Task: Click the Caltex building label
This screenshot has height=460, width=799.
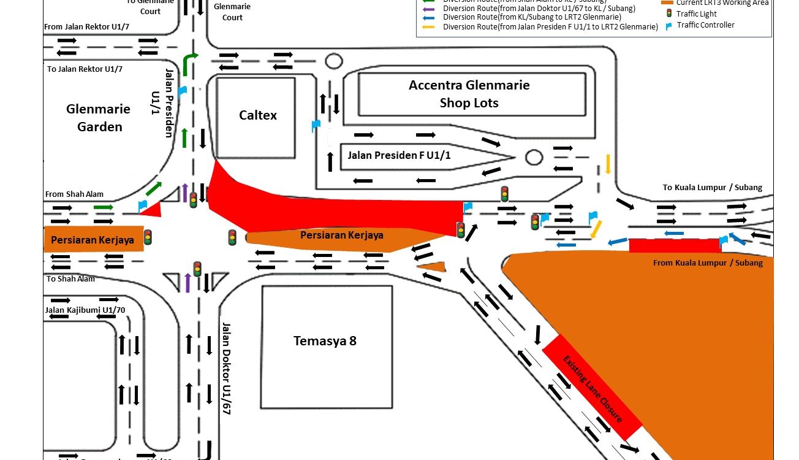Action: coord(258,115)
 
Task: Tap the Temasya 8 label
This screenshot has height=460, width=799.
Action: coord(325,341)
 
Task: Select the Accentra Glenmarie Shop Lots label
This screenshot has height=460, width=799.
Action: coord(469,94)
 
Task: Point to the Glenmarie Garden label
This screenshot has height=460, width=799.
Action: coord(98,118)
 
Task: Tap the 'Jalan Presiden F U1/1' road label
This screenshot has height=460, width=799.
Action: coord(399,155)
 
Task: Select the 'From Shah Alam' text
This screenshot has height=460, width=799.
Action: coord(74,194)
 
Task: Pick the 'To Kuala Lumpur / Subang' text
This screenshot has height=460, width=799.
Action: coord(713,187)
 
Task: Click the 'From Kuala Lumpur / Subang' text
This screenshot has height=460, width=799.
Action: coord(708,263)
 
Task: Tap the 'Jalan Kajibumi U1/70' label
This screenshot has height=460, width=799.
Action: coord(85,310)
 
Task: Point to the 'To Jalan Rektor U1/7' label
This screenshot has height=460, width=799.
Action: coord(85,69)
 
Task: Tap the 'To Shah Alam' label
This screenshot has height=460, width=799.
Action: coord(70,278)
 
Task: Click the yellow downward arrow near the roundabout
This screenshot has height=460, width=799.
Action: coord(608,164)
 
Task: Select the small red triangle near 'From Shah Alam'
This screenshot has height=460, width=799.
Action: coord(152,210)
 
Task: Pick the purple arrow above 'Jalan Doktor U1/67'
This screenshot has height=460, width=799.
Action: coord(188,282)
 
